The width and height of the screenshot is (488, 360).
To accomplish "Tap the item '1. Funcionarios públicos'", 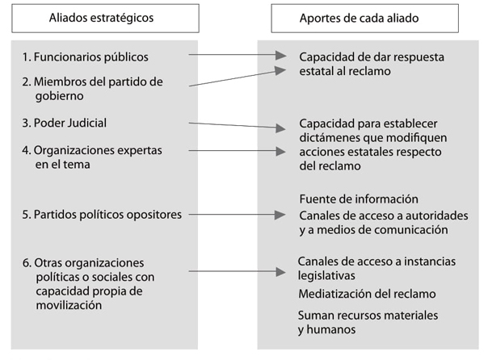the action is pyautogui.click(x=97, y=57).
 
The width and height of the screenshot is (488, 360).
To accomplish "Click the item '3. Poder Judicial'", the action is pyautogui.click(x=65, y=123).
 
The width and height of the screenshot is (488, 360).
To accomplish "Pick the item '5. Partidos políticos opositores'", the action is pyautogui.click(x=102, y=215).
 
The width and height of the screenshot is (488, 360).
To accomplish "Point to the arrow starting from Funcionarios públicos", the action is pyautogui.click(x=238, y=57).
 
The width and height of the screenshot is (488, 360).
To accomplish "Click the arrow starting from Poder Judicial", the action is pyautogui.click(x=238, y=126).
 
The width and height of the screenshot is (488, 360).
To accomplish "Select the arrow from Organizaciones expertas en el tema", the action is pyautogui.click(x=238, y=150).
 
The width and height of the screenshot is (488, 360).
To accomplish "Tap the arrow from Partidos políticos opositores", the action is pyautogui.click(x=238, y=215).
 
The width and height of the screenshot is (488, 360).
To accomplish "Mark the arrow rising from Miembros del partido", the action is pyautogui.click(x=238, y=77).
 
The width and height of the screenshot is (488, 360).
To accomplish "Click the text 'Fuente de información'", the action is pyautogui.click(x=358, y=199).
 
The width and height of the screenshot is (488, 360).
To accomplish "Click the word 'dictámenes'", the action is pyautogui.click(x=328, y=138).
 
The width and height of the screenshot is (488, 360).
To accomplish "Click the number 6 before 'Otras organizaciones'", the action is pyautogui.click(x=25, y=263).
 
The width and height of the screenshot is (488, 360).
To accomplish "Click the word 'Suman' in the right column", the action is pyautogui.click(x=314, y=315).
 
